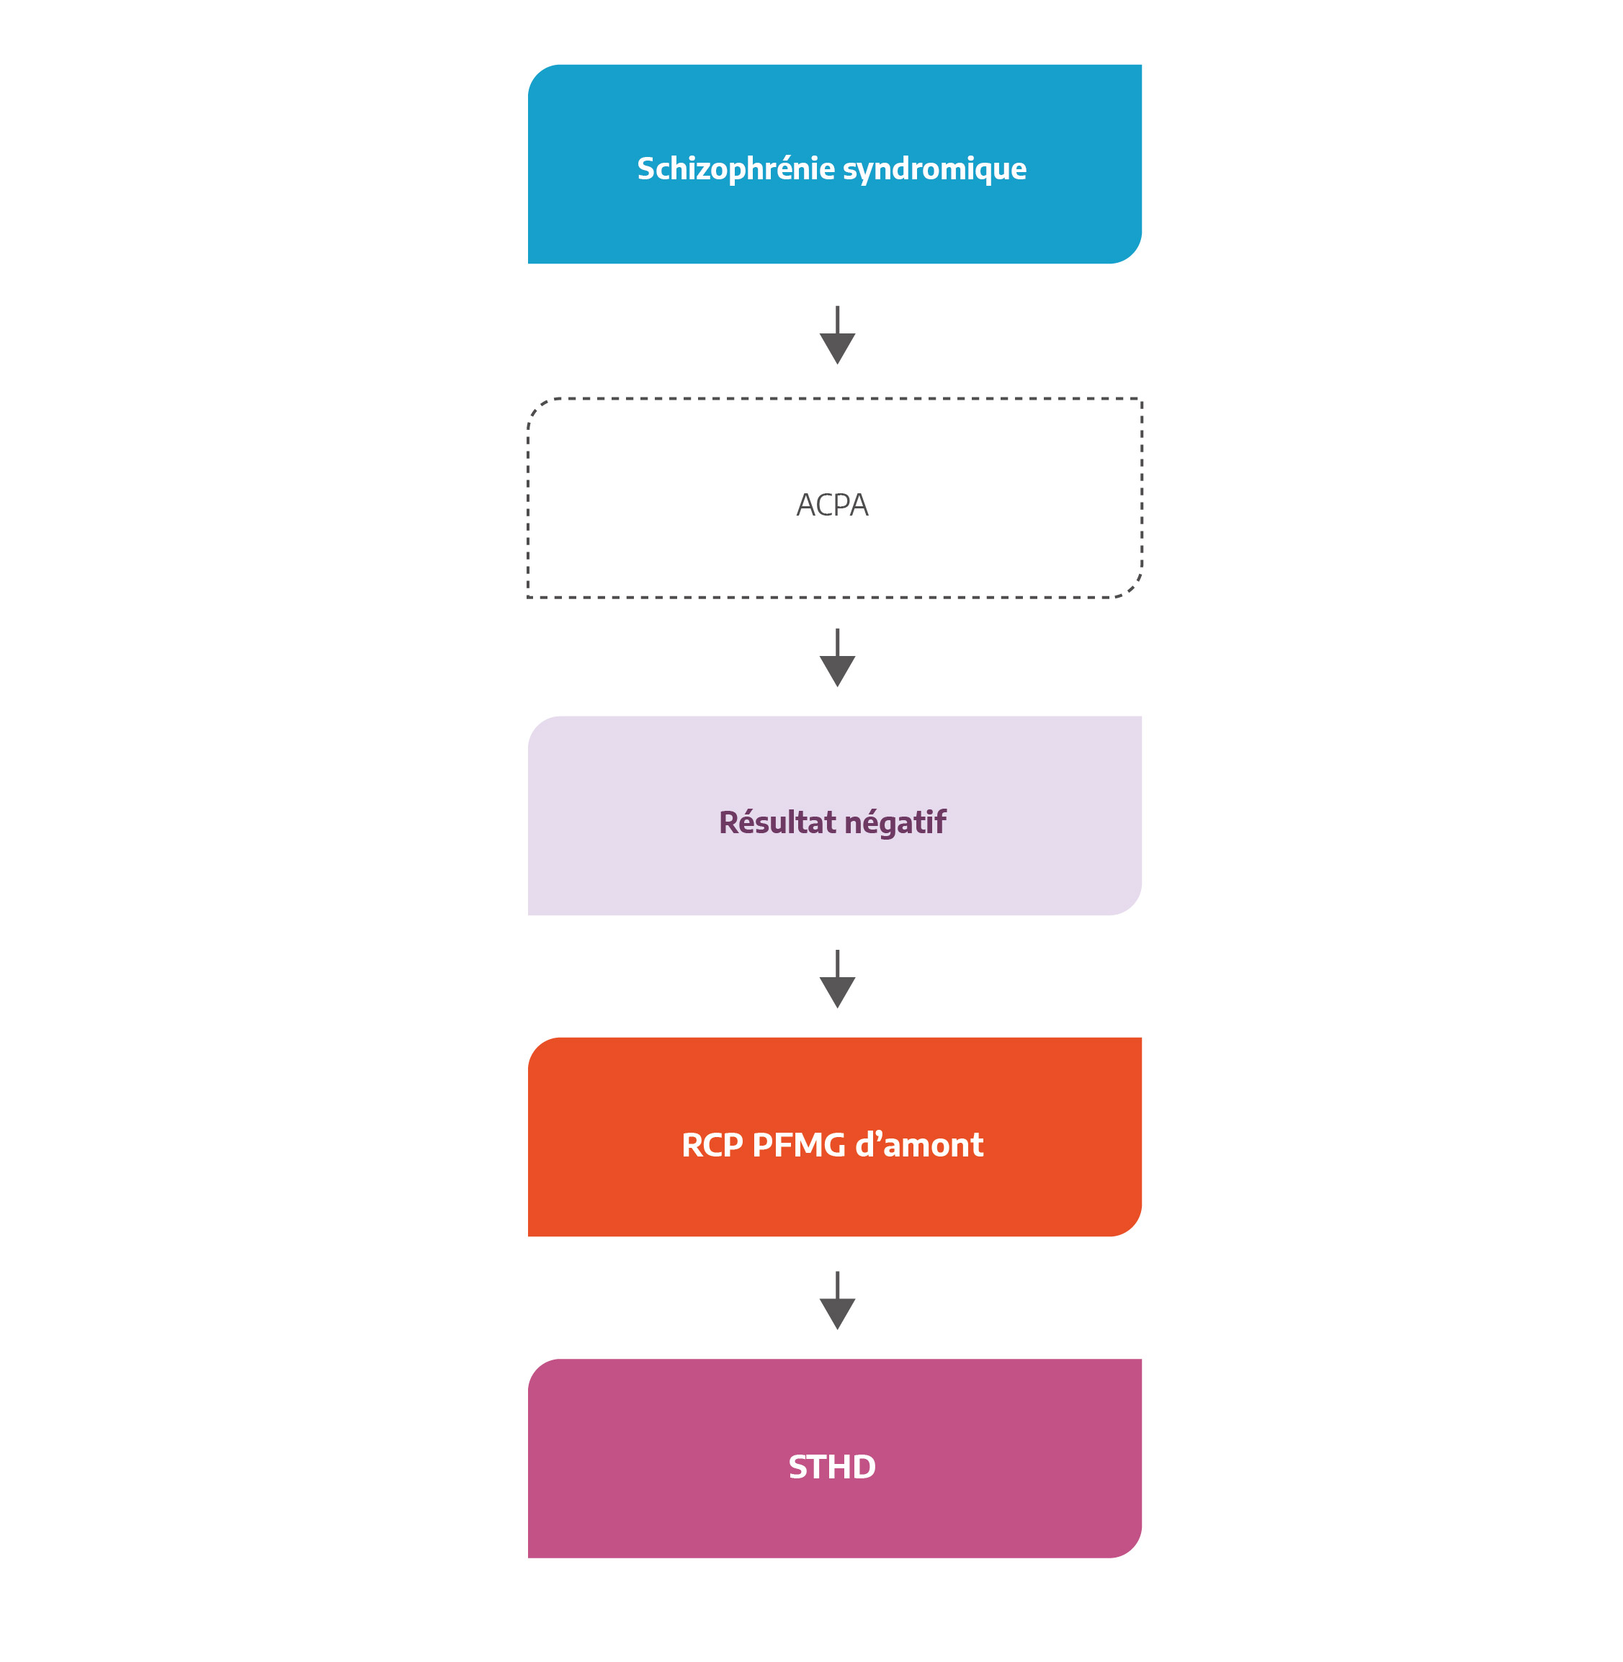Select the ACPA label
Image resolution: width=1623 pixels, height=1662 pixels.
click(x=832, y=506)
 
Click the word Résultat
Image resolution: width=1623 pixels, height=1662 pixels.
click(x=777, y=822)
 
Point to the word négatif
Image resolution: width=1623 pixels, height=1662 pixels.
click(x=895, y=823)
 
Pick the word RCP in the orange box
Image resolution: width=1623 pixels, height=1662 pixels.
click(x=712, y=1146)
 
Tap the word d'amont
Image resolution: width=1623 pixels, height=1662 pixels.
click(x=919, y=1145)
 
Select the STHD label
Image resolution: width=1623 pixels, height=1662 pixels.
click(x=832, y=1468)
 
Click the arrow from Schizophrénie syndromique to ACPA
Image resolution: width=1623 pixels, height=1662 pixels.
click(x=837, y=335)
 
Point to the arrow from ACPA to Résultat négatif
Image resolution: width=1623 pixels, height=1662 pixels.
click(x=837, y=658)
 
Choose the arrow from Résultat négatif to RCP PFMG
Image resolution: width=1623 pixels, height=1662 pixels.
click(x=837, y=979)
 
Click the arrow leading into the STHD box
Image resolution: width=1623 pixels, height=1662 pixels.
click(x=837, y=1301)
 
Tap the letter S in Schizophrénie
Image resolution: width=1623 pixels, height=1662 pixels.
click(x=647, y=169)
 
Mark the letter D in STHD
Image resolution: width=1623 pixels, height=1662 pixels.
click(x=862, y=1468)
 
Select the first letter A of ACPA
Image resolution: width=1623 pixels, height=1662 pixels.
click(x=806, y=506)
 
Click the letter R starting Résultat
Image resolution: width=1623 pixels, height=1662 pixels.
click(x=730, y=822)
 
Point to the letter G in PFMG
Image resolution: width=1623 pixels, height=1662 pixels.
click(x=833, y=1146)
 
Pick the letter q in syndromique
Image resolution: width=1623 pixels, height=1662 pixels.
click(x=983, y=172)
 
